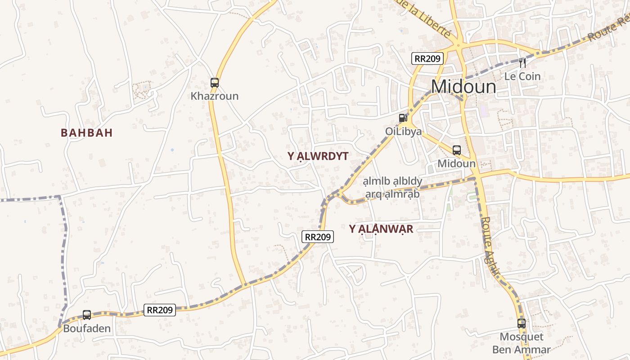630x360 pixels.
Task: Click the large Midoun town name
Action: (x=463, y=87)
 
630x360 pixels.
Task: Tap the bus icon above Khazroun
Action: (x=215, y=83)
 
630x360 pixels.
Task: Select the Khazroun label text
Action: (x=215, y=96)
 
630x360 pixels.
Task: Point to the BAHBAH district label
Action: (x=86, y=133)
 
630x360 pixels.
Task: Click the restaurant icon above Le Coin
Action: (x=522, y=63)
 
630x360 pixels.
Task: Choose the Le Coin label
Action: (x=522, y=76)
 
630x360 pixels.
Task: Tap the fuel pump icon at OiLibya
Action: (x=403, y=118)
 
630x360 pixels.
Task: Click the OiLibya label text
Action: (x=403, y=131)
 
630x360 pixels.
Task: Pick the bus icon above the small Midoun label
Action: (x=457, y=150)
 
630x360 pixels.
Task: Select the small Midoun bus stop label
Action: (x=456, y=163)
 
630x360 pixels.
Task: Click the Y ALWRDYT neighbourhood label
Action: (x=318, y=156)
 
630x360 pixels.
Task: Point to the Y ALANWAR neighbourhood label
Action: (x=381, y=229)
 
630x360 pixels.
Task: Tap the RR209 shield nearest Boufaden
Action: (x=160, y=310)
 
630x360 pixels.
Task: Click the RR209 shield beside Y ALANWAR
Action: (x=318, y=237)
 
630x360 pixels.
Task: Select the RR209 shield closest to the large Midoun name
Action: (x=427, y=58)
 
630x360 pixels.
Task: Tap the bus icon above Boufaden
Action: (x=87, y=315)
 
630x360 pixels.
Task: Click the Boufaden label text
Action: (x=87, y=328)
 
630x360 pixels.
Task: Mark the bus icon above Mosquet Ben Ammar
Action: (x=521, y=323)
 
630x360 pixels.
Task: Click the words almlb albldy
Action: (x=393, y=181)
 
